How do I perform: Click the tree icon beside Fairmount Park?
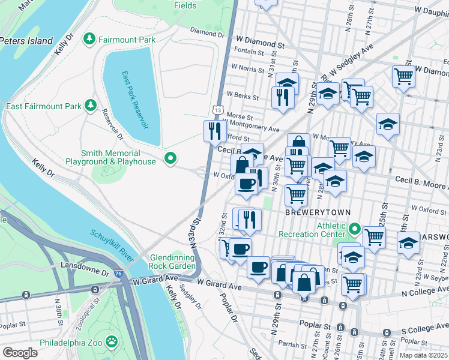(89, 39)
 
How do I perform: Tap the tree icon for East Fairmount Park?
(91, 106)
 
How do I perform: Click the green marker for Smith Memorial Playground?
(170, 159)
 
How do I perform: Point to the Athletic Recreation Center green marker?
(354, 230)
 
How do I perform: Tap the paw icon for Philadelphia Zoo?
(112, 342)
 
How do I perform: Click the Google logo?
(20, 352)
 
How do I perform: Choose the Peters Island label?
(27, 41)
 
